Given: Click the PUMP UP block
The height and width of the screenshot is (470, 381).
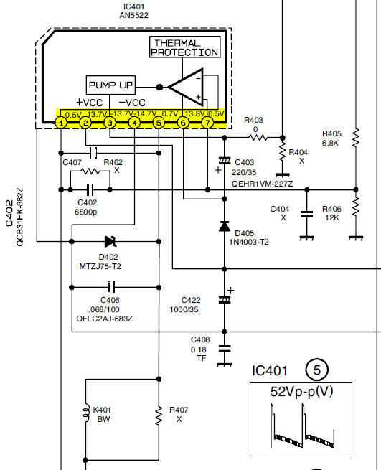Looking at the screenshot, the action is coord(110,85).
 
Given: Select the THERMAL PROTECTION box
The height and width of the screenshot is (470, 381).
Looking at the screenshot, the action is coord(185,47).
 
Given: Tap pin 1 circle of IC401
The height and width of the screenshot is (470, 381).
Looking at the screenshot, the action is coord(61,123).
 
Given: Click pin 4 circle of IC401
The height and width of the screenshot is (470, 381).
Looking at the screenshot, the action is coord(134,123).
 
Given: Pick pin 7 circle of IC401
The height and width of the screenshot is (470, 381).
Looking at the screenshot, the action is coord(207,123).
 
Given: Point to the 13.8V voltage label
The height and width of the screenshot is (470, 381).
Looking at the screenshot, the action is coord(194,113).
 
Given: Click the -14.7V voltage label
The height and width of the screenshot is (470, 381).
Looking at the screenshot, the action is coord(146,113).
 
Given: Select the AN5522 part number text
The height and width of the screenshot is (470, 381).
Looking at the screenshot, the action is coord(133,15).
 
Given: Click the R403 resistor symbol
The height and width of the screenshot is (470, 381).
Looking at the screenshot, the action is coord(258,138).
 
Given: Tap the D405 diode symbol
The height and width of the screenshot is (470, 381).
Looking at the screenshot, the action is coord(225,226).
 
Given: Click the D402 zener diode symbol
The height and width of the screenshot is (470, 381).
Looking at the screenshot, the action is coord(110,241).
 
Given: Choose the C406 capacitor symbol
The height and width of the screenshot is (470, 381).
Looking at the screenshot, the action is coord(111,287).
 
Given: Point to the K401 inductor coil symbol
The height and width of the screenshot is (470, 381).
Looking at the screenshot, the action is coord(86,413).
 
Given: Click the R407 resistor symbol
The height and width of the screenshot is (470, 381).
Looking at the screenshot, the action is coord(159,415).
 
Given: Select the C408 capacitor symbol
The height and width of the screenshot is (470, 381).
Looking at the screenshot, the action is coord(225,349).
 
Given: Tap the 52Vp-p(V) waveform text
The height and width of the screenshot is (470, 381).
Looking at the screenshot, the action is coord(301,392).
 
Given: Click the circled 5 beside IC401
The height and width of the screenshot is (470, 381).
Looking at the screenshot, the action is coord(317,370).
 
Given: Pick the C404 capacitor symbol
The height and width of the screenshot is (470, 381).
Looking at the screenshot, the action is coord(307,214).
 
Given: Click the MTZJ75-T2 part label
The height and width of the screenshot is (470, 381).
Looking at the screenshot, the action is coord(100,266).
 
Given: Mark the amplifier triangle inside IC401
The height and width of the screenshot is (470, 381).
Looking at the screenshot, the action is coord(186,88).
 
